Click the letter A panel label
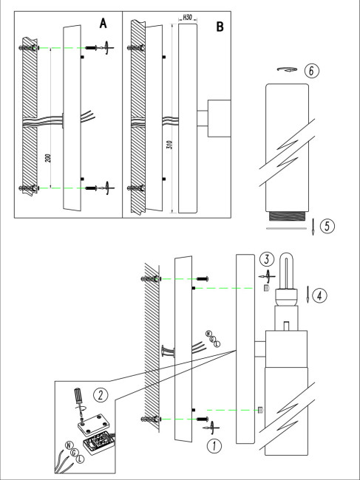(103, 24)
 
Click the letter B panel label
(220, 27)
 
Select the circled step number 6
(312, 71)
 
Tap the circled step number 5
(327, 227)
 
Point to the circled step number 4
(319, 295)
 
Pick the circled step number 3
(267, 260)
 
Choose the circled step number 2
(101, 395)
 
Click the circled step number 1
(214, 446)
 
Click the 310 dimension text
(171, 145)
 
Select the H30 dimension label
(187, 18)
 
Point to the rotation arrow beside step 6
(287, 69)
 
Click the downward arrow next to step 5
(313, 227)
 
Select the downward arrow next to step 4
(308, 295)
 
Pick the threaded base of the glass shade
(287, 216)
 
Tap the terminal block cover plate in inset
(93, 425)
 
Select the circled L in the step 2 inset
(80, 459)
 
